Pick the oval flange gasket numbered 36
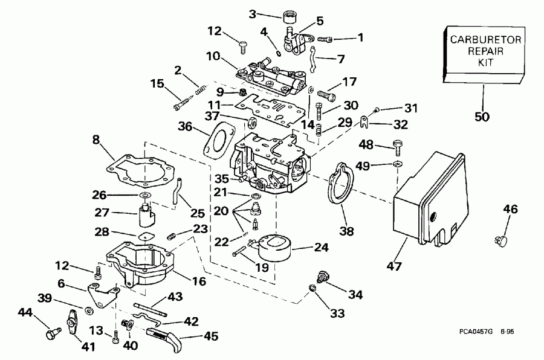coord(216,143)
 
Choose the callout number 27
coord(102,213)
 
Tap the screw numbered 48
coord(398,146)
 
